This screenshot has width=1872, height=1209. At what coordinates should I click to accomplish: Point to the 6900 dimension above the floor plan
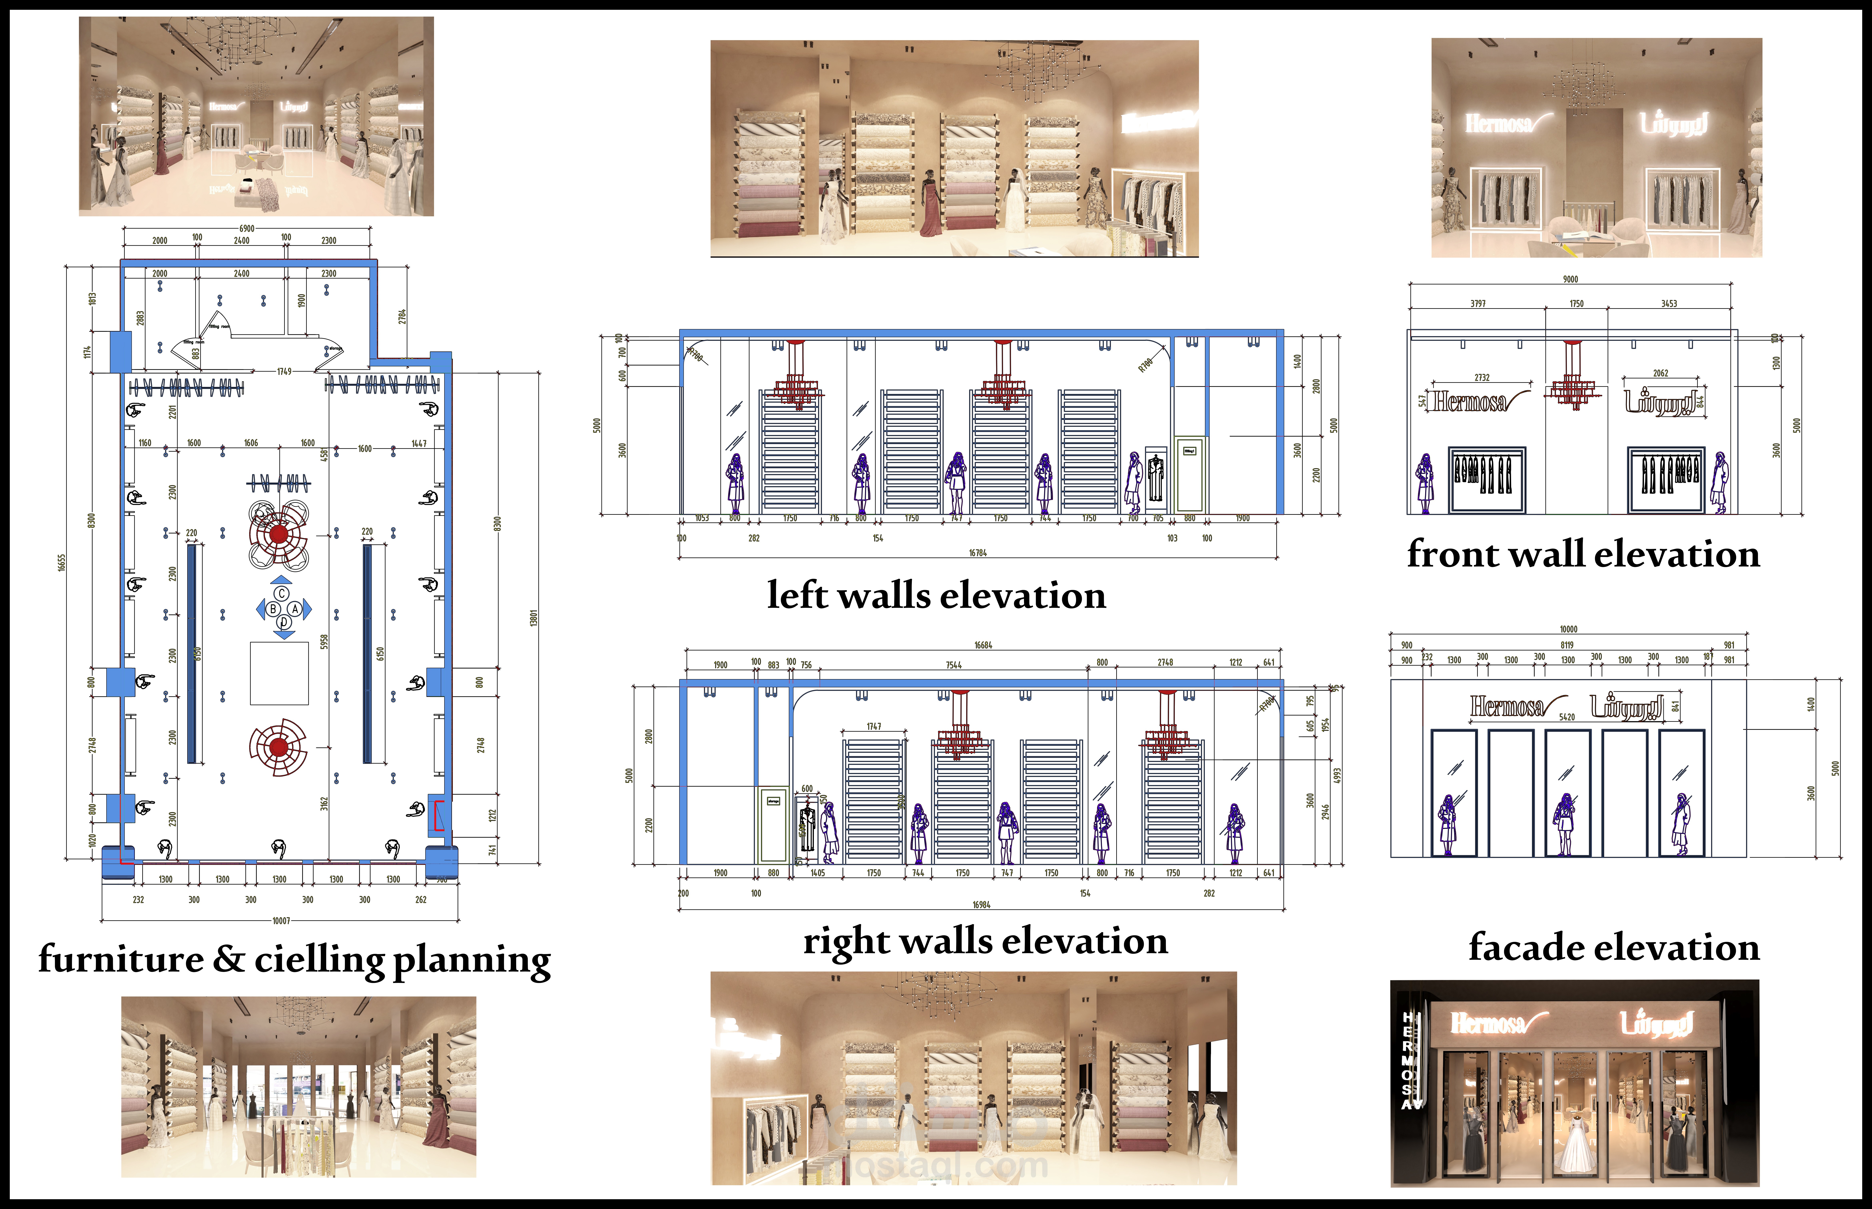247,228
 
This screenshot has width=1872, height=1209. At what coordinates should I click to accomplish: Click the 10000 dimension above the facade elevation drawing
1568,629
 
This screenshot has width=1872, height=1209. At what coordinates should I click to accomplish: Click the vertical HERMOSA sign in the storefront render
1409,1060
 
